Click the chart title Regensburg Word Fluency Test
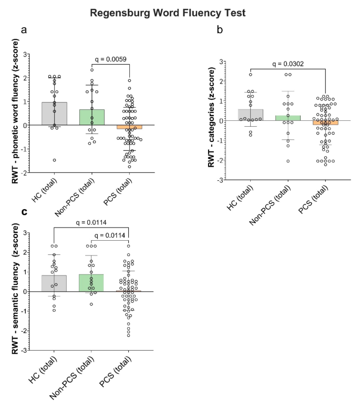point(180,12)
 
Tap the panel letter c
point(24,212)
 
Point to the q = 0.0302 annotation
point(288,65)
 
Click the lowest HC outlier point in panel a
point(54,160)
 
